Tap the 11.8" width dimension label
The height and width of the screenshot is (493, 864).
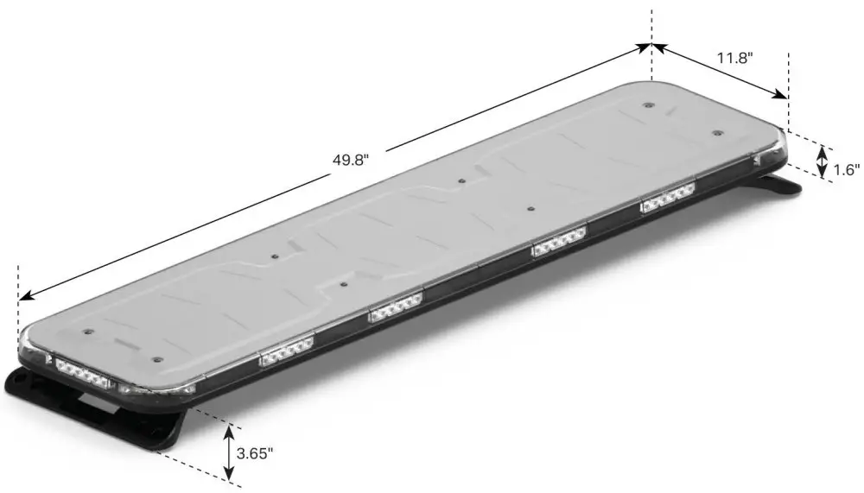tap(735, 59)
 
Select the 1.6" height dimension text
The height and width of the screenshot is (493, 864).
tap(847, 170)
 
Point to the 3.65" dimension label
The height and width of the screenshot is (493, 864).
tap(255, 452)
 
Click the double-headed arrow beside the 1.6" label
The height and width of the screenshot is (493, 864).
tap(823, 161)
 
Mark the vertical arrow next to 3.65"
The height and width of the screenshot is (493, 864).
tap(229, 450)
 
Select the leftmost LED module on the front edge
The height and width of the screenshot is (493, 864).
tap(79, 370)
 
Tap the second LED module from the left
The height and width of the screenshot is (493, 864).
tap(286, 351)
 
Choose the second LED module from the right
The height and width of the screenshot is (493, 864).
tap(559, 242)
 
